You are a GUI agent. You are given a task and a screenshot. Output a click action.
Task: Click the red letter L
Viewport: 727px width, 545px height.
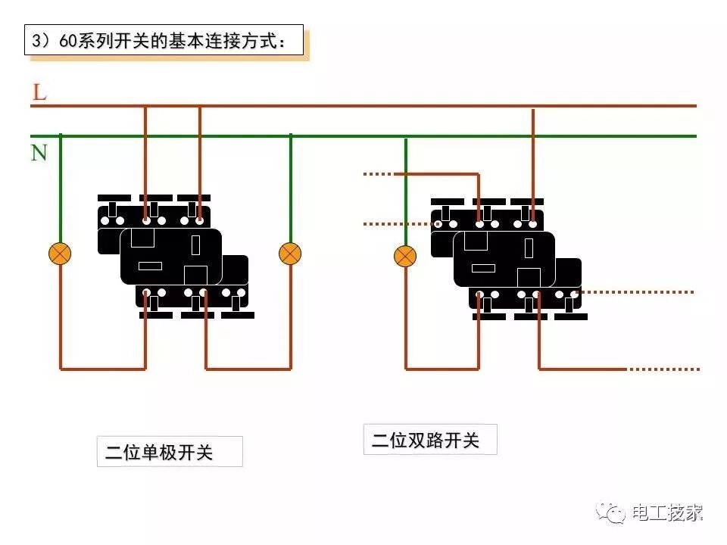39,92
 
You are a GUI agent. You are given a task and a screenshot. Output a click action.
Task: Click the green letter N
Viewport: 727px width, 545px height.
39,152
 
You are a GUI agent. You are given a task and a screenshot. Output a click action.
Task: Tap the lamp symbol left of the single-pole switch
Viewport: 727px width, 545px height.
60,254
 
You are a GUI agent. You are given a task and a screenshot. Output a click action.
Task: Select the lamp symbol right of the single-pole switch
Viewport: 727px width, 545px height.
290,254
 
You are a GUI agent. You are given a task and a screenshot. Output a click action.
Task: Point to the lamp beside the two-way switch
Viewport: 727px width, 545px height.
406,257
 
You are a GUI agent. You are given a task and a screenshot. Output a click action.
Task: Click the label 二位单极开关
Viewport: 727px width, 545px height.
160,453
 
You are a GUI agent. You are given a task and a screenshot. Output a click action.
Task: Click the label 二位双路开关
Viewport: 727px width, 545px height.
425,441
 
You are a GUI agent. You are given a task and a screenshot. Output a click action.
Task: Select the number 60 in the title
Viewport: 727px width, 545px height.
68,42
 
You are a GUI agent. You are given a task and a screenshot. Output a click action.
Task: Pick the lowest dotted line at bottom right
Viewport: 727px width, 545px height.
663,369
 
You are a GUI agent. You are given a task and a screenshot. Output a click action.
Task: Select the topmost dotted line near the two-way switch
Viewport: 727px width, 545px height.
378,174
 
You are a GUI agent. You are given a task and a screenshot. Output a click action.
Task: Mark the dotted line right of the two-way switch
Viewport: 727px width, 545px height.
636,291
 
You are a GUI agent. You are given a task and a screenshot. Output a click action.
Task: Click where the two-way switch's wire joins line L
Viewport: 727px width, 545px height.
534,107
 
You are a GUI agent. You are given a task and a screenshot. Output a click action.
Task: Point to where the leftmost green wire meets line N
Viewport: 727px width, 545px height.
61,136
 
